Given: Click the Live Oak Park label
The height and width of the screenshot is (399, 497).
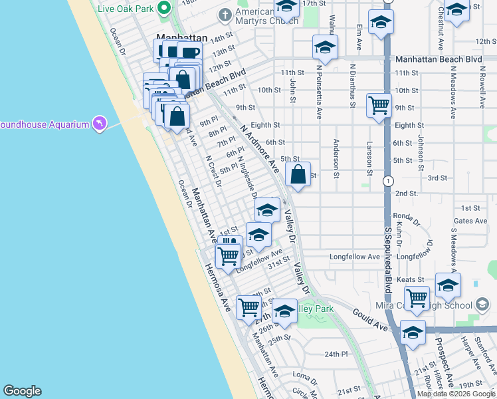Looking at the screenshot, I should tap(126, 9).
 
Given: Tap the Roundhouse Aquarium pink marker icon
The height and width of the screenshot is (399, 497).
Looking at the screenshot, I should tap(100, 124).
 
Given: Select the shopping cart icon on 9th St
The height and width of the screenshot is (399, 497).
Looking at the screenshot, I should tap(379, 104).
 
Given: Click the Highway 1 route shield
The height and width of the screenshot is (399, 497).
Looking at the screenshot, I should tap(387, 180).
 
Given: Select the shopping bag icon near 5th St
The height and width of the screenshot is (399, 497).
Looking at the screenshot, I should tap(298, 176).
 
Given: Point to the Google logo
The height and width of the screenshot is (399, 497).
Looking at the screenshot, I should tap(22, 391).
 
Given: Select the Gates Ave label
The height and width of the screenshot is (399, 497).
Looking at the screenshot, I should tap(470, 221).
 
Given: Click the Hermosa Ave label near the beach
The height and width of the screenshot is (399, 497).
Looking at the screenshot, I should tap(217, 289).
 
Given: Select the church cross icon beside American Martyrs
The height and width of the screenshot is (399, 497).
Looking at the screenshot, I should tap(225, 14).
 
